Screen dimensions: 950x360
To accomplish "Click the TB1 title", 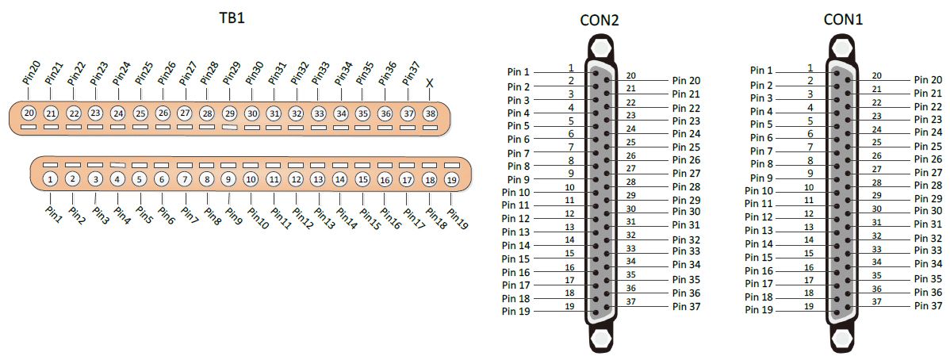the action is pyautogui.click(x=232, y=18).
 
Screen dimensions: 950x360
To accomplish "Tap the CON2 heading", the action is pyautogui.click(x=599, y=21).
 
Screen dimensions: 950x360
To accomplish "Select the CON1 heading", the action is pyautogui.click(x=843, y=20).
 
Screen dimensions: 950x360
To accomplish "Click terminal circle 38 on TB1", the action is pyautogui.click(x=430, y=113).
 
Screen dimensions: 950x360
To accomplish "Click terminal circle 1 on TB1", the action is pyautogui.click(x=51, y=178).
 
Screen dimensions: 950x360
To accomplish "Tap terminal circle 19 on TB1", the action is pyautogui.click(x=451, y=180).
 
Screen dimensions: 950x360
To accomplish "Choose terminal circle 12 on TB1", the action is pyautogui.click(x=296, y=179).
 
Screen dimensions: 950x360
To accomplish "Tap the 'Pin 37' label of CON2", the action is pyautogui.click(x=686, y=306).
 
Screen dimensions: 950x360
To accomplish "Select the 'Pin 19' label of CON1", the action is pyautogui.click(x=759, y=310).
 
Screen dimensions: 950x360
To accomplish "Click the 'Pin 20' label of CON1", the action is pyautogui.click(x=928, y=80).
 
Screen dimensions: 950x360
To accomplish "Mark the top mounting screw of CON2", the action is pyautogui.click(x=599, y=47).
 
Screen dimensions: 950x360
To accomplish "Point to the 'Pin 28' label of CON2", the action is pyautogui.click(x=686, y=186).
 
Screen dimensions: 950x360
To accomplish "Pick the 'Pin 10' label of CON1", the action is pyautogui.click(x=759, y=191).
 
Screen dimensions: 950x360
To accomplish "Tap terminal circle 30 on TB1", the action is pyautogui.click(x=252, y=113).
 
